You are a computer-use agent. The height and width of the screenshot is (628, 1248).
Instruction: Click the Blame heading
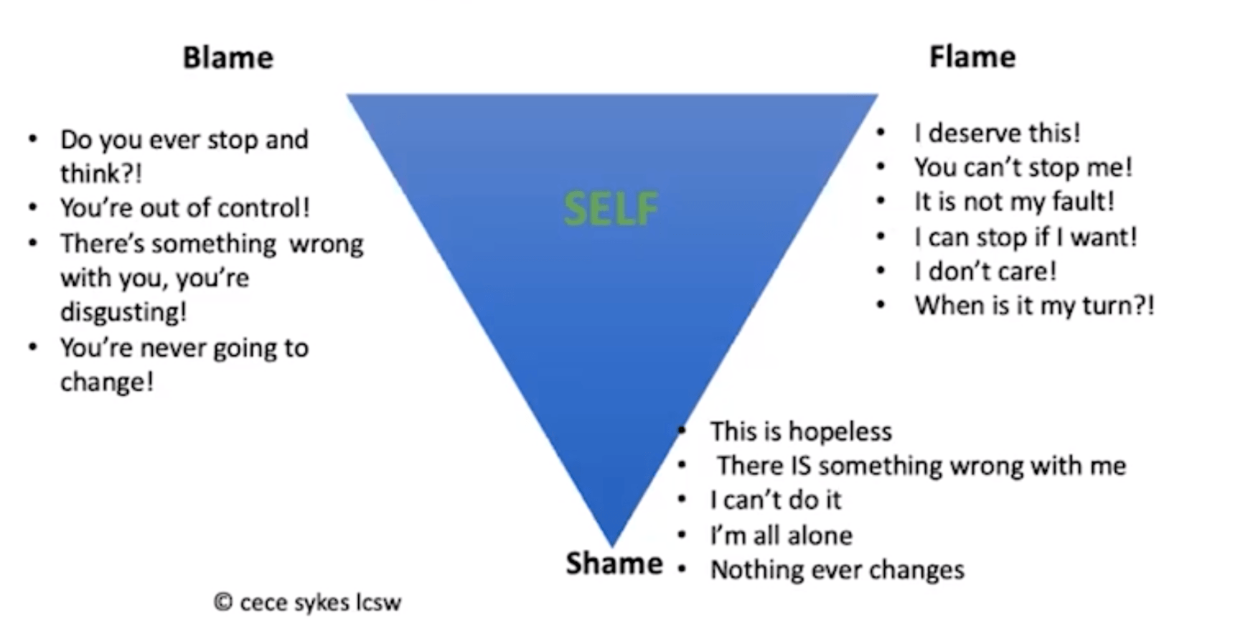click(228, 57)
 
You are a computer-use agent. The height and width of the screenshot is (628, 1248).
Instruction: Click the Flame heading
click(972, 57)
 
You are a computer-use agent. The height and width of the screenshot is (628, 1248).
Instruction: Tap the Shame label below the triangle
click(614, 563)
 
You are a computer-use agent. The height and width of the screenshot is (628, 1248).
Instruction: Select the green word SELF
click(611, 209)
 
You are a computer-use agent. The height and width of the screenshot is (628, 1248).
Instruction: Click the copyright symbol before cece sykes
click(223, 601)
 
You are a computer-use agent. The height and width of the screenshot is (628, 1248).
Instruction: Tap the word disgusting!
click(123, 312)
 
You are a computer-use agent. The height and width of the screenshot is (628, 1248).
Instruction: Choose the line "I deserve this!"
click(997, 133)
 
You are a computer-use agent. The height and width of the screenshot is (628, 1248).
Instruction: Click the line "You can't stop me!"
click(1023, 167)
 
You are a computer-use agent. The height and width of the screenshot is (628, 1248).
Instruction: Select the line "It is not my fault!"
click(1014, 202)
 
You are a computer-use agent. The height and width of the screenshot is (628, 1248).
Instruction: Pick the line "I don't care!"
click(985, 271)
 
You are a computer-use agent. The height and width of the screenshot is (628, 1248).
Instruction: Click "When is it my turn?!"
click(1034, 306)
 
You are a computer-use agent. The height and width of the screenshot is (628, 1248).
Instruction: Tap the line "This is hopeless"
click(801, 431)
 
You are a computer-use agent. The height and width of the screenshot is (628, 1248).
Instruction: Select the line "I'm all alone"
click(782, 535)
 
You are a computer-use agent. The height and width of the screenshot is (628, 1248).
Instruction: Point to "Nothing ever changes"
click(838, 570)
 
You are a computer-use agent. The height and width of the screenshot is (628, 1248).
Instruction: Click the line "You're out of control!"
click(185, 207)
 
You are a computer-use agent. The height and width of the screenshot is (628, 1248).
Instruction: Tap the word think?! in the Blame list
click(101, 174)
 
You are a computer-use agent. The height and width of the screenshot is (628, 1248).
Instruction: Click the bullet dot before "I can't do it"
click(682, 500)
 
